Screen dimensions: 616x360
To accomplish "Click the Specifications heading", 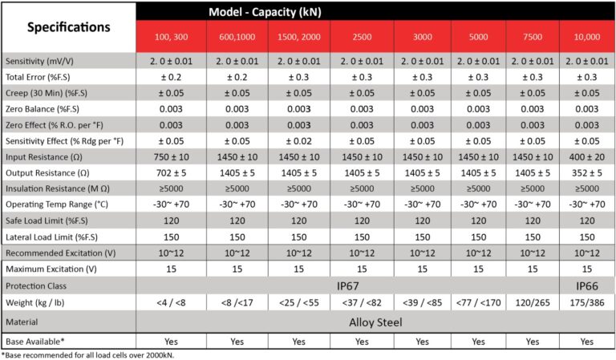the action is tap(69, 27).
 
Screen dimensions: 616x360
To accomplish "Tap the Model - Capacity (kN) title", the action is tap(265, 12).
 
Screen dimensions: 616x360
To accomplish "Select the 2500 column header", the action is tap(362, 37).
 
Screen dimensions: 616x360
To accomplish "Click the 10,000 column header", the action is tap(587, 37).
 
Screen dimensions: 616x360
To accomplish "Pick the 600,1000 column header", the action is tap(237, 37).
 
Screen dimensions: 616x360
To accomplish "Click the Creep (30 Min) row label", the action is tap(47, 94).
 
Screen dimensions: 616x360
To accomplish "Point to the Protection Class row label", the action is tap(36, 286).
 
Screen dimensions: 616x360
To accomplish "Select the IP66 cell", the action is tap(587, 286).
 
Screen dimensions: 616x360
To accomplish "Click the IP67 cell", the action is tap(347, 286).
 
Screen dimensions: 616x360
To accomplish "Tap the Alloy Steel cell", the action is tap(375, 322).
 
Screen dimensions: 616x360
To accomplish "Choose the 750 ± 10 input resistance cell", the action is tap(172, 157).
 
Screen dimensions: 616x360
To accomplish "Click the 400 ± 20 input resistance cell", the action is tap(587, 157).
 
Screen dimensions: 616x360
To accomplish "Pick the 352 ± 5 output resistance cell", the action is tap(587, 173).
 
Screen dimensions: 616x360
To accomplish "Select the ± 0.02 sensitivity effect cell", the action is tap(299, 141).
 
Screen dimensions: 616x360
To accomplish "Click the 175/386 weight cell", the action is tap(587, 303).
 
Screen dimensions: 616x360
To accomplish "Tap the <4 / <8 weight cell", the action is tap(172, 303).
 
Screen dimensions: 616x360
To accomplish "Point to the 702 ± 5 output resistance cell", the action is tap(172, 173).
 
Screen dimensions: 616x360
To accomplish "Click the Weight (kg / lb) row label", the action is tap(35, 303).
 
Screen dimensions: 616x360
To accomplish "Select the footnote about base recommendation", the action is tap(87, 355).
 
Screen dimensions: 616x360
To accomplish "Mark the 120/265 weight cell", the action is tap(533, 303).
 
